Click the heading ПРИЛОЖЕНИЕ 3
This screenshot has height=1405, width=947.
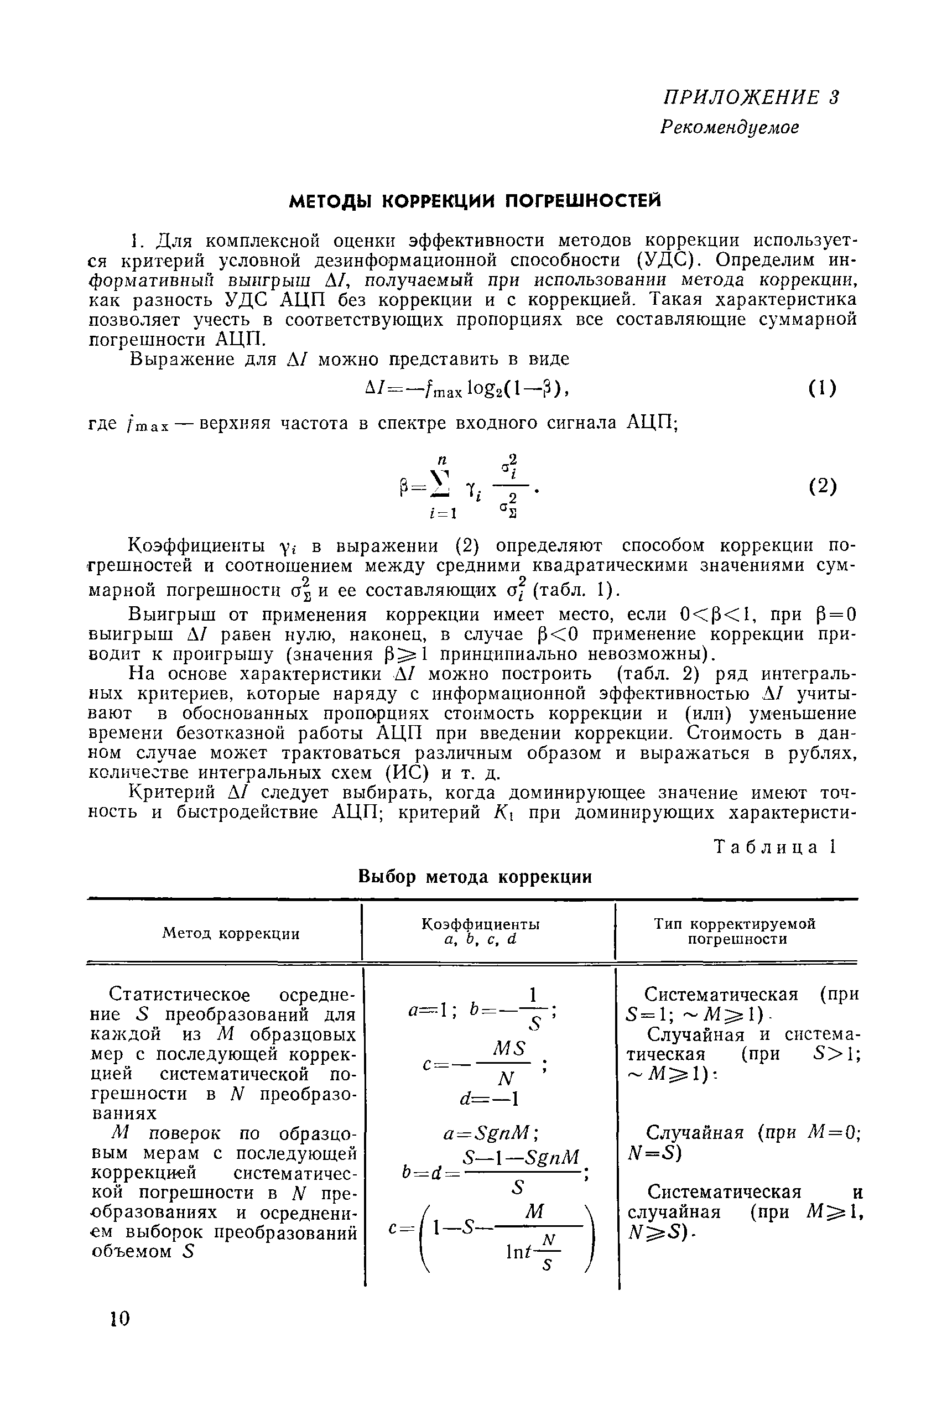[x=751, y=98]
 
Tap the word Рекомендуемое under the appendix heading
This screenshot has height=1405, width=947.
[x=729, y=127]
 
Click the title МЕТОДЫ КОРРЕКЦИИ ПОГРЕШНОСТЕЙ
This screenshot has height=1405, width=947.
[x=475, y=201]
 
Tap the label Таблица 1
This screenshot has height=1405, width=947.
[x=775, y=848]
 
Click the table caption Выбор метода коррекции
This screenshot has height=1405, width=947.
[x=475, y=877]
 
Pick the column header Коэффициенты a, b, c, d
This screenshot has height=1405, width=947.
[x=480, y=932]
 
